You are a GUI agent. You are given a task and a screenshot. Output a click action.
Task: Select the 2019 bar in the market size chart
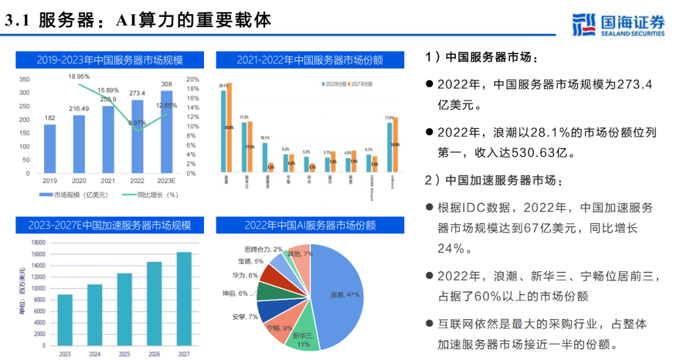click(50, 148)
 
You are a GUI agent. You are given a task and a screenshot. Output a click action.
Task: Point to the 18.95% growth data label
click(79, 77)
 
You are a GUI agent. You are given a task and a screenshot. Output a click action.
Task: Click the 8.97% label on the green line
click(139, 123)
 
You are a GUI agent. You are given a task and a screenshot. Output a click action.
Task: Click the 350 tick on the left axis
click(24, 79)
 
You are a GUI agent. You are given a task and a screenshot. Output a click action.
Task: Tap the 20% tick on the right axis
click(193, 79)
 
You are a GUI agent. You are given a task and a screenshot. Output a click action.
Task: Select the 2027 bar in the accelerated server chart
click(184, 298)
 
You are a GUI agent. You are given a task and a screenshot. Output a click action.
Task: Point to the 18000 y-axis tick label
click(38, 242)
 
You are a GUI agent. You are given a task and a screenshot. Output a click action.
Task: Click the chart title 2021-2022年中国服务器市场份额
click(310, 60)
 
